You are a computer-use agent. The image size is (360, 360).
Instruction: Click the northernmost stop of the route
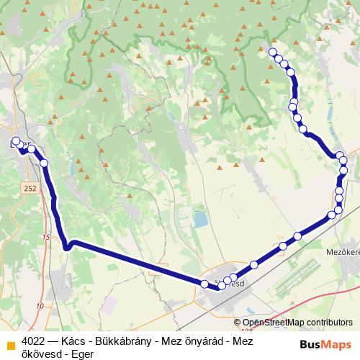(x=272, y=52)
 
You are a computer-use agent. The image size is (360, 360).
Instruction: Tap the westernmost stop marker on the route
(x=16, y=141)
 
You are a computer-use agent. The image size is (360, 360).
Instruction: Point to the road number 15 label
(x=45, y=237)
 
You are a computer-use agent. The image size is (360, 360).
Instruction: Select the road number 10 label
(x=39, y=306)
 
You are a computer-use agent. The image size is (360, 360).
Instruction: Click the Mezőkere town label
(x=342, y=253)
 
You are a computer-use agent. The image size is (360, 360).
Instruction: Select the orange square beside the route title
(x=10, y=344)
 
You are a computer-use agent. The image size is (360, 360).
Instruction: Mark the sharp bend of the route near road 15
(x=66, y=248)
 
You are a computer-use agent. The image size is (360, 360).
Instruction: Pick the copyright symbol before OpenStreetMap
(x=238, y=323)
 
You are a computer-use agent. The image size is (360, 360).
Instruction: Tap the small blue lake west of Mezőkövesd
(x=199, y=220)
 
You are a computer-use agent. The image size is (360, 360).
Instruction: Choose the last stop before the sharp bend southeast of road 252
(x=44, y=163)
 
